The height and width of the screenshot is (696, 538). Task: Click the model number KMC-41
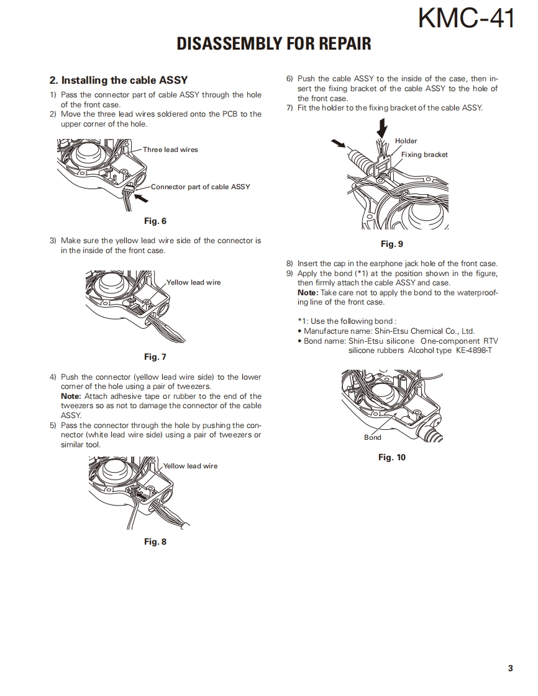466,19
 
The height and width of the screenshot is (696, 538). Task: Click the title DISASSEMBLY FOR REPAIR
274,43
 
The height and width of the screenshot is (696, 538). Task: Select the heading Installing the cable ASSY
118,80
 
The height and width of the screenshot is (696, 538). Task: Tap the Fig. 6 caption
155,221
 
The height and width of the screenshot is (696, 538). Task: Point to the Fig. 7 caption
155,357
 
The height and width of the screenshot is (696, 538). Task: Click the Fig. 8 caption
155,542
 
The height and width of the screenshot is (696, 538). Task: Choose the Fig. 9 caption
392,244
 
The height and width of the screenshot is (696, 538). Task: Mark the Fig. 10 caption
392,457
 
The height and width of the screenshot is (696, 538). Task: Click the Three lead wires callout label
170,149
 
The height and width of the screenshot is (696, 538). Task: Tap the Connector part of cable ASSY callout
200,187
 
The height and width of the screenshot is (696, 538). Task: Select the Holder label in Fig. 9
406,141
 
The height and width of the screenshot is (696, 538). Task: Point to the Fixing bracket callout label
424,154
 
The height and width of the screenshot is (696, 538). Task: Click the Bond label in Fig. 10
373,437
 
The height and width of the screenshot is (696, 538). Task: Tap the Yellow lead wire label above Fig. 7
193,282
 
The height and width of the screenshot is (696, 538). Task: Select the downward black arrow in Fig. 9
383,129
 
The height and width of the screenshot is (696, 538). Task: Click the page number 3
510,668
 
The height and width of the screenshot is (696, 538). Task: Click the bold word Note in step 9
307,293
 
